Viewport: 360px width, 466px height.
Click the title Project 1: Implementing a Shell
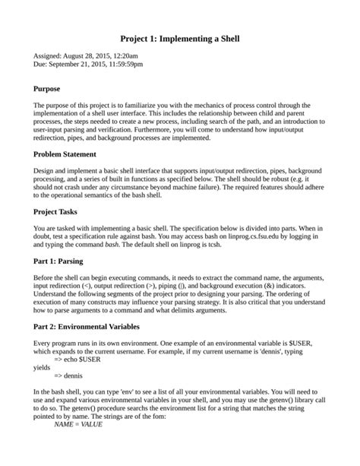(x=180, y=37)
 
